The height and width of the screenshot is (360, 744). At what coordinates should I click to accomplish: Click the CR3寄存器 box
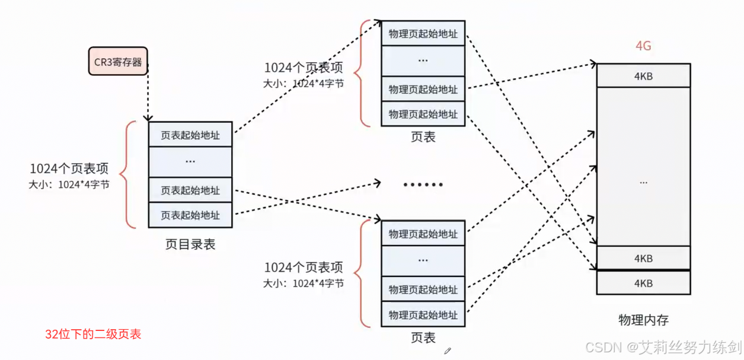point(118,62)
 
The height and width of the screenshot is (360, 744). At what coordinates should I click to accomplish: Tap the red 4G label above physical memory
point(643,46)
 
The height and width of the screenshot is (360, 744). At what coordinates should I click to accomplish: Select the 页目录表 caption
point(190,244)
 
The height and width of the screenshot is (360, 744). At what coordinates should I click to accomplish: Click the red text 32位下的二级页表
point(93,334)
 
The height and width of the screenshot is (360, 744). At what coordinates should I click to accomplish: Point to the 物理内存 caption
point(643,320)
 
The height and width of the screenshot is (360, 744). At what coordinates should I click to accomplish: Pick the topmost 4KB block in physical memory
point(643,76)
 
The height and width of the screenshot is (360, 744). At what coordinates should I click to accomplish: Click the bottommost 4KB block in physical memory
point(643,283)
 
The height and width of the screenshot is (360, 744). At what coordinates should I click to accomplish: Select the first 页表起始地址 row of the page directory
point(190,135)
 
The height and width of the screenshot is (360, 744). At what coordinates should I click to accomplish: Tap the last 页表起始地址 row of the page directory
point(190,215)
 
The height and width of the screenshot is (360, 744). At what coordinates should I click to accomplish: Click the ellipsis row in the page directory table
point(190,161)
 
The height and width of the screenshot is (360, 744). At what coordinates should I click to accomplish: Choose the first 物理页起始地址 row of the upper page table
point(423,33)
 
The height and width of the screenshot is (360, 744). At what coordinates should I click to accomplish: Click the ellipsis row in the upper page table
point(423,60)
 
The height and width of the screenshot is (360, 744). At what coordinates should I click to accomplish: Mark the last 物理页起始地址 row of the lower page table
point(423,314)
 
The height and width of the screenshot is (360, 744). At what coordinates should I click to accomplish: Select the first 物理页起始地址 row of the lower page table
point(423,234)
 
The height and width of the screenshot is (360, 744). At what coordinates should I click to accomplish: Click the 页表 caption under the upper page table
point(423,137)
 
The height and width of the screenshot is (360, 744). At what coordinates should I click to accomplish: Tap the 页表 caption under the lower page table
point(423,337)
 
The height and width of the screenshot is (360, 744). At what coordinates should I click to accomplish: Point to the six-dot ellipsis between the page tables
point(423,184)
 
